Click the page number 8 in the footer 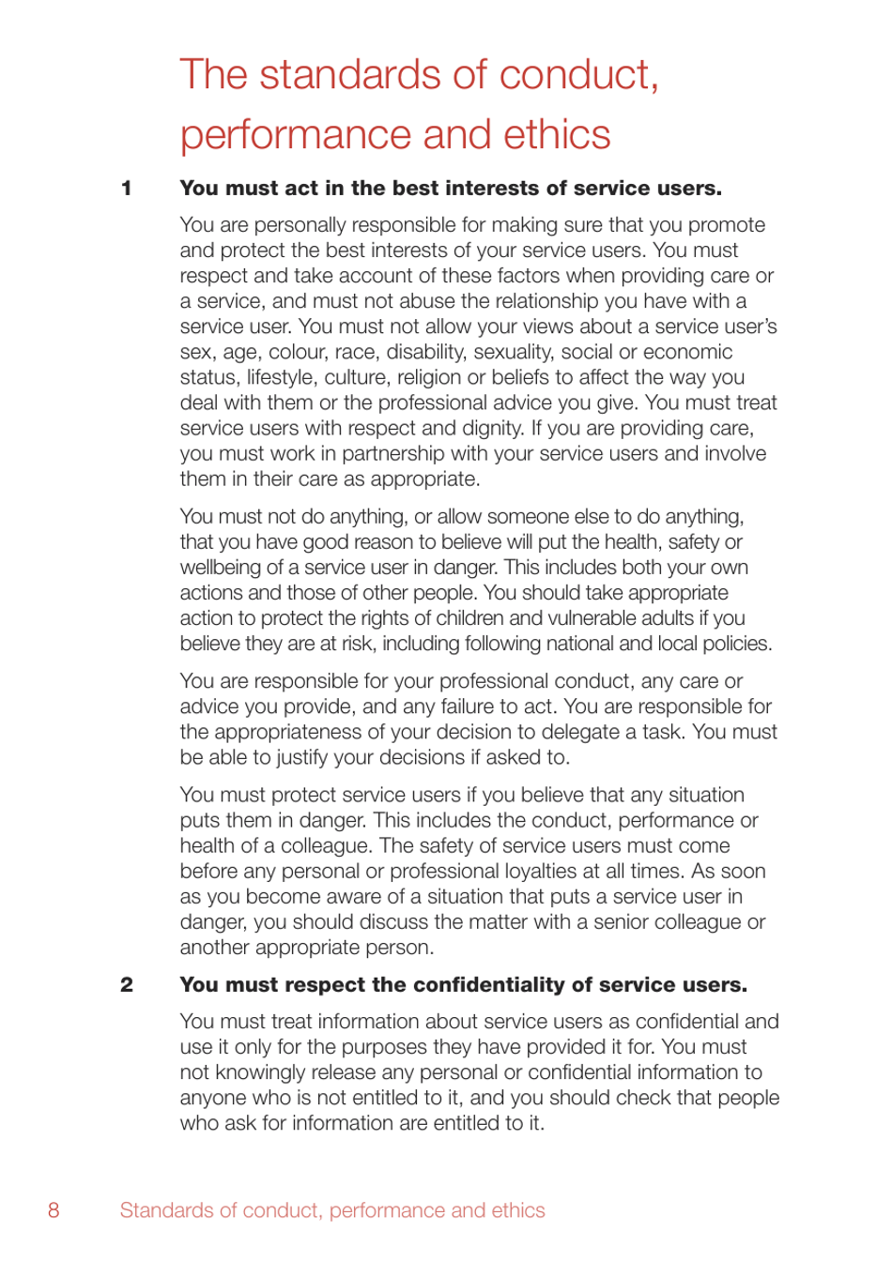coord(54,1210)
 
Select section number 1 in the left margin coord(127,189)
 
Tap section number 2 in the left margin coord(127,985)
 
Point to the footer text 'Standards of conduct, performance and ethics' coord(332,1210)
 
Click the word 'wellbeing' coord(223,568)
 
